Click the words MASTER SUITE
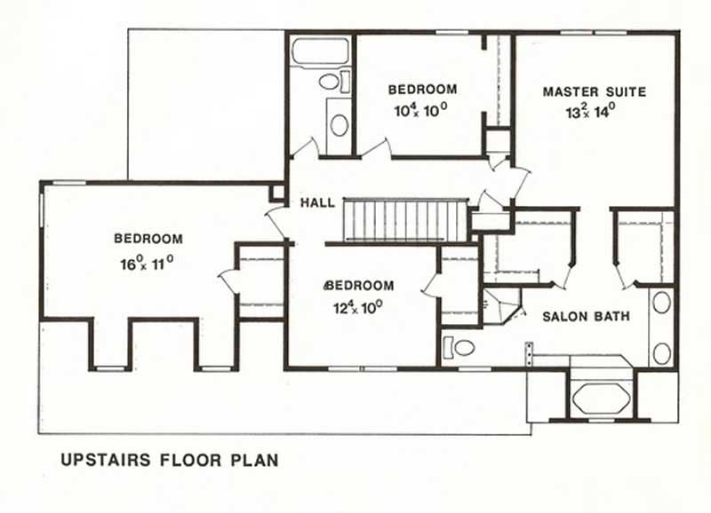click(594, 91)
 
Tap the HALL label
click(317, 203)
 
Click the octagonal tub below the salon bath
click(601, 397)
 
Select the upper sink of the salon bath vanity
click(661, 303)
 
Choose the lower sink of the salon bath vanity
click(661, 352)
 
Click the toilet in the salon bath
click(459, 347)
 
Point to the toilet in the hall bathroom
click(332, 83)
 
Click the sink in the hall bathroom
click(339, 124)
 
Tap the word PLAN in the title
click(256, 460)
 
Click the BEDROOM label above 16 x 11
click(148, 239)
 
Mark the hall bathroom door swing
click(307, 147)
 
